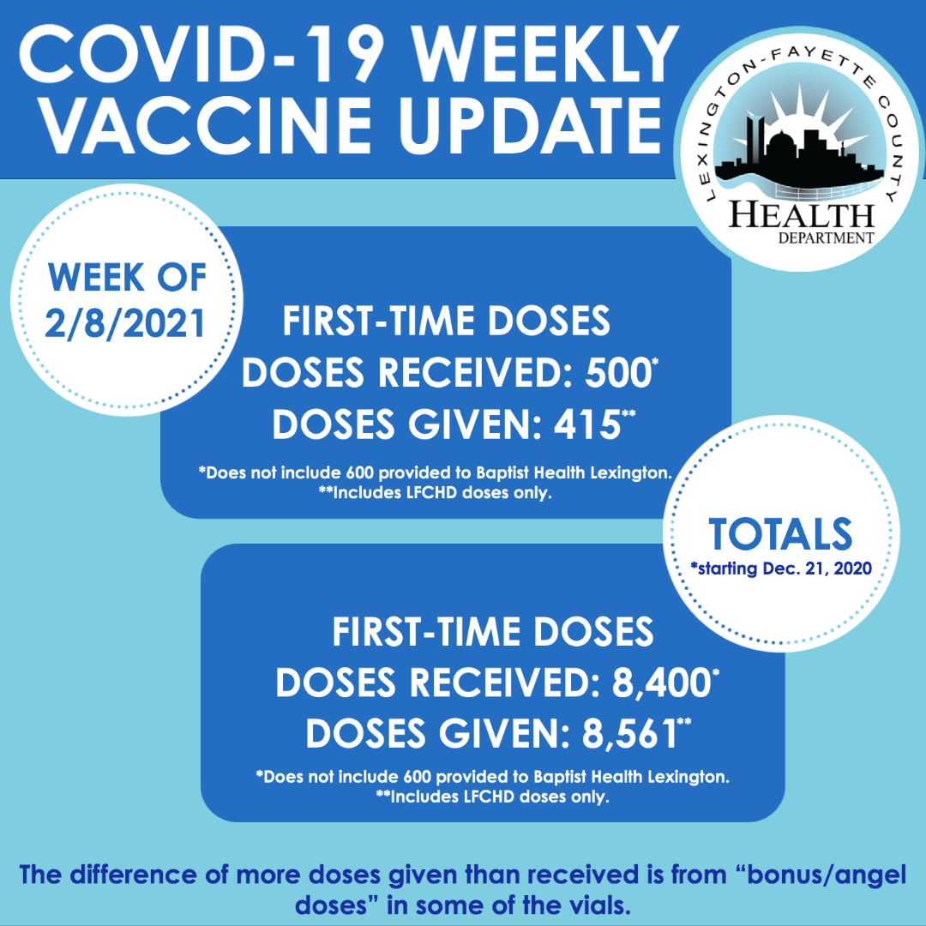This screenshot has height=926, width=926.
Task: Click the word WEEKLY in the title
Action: pyautogui.click(x=545, y=54)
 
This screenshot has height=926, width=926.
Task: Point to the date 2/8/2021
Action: pyautogui.click(x=125, y=323)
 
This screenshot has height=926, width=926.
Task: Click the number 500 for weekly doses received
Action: pyautogui.click(x=617, y=373)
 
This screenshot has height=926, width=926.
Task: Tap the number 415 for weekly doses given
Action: pyautogui.click(x=587, y=424)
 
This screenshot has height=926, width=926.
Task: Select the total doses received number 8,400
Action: pyautogui.click(x=661, y=682)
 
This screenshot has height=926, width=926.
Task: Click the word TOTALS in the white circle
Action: pyautogui.click(x=780, y=534)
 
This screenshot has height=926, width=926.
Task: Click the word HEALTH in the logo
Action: pyautogui.click(x=801, y=215)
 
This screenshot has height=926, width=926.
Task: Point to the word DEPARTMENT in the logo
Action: pyautogui.click(x=826, y=238)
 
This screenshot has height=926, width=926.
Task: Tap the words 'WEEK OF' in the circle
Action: pyautogui.click(x=127, y=278)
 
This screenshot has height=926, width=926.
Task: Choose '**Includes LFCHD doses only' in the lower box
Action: pyautogui.click(x=492, y=797)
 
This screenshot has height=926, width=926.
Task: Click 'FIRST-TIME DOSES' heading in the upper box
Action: pyautogui.click(x=446, y=322)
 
